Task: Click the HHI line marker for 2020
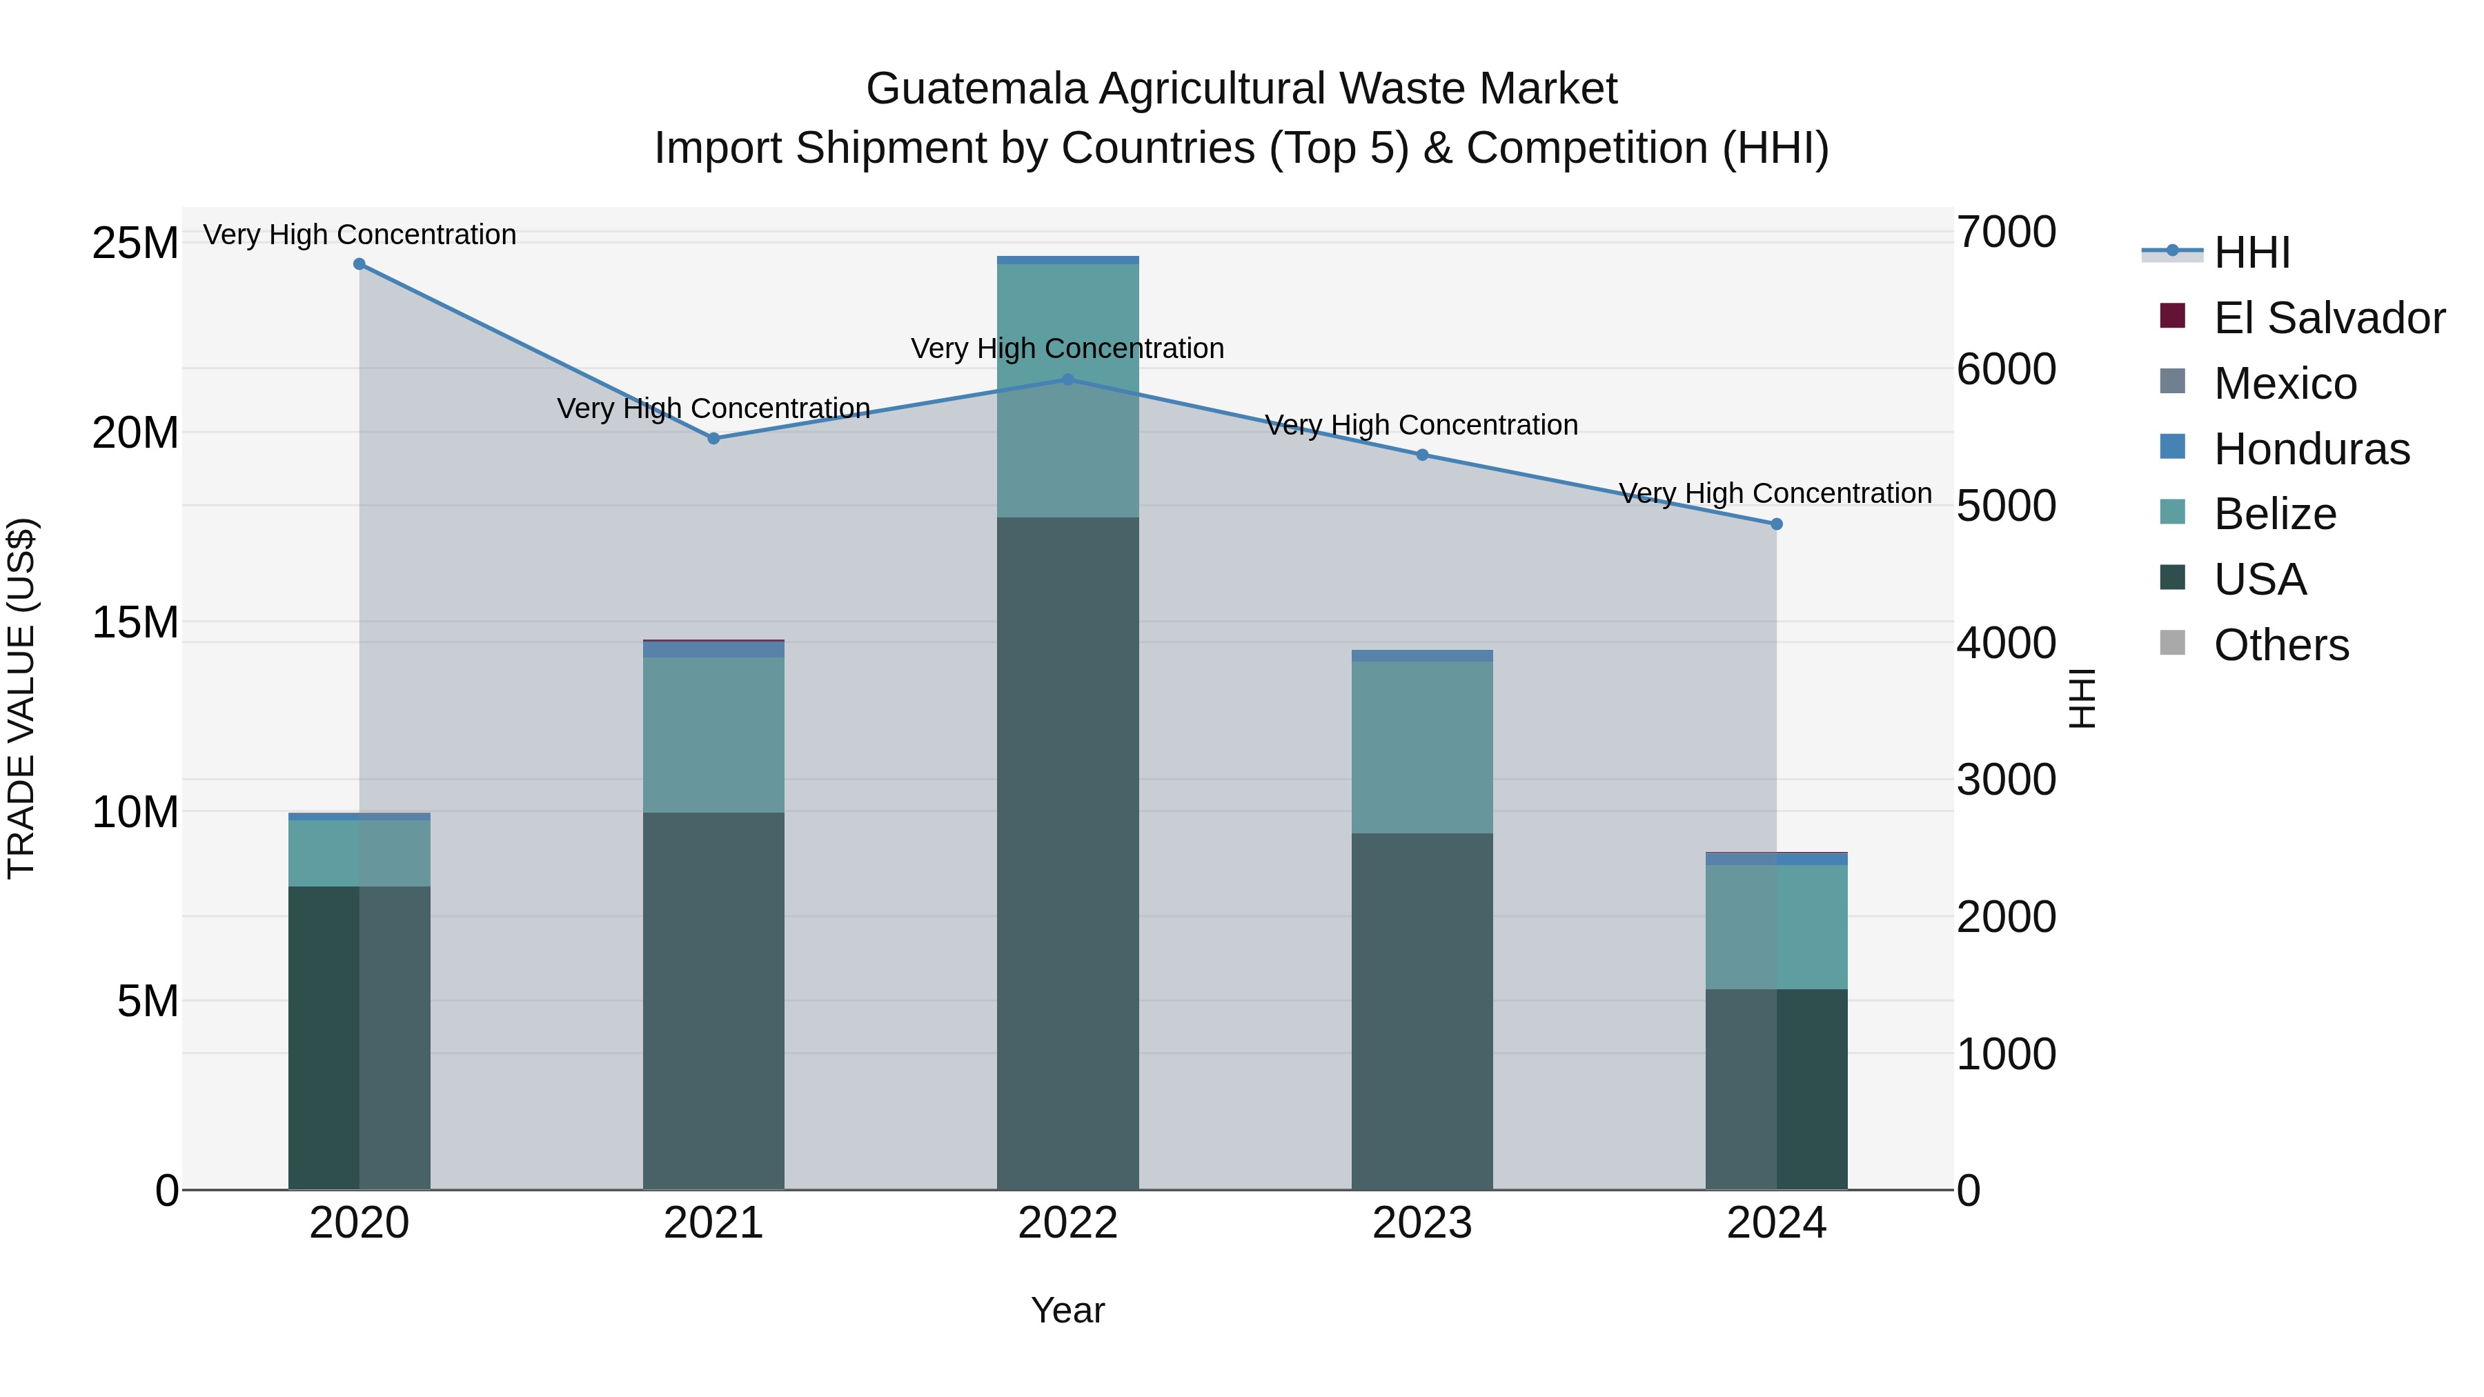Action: [359, 264]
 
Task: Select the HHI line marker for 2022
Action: [1067, 380]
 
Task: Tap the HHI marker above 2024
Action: [1776, 524]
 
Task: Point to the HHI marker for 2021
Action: [713, 439]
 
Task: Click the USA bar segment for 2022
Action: [1067, 853]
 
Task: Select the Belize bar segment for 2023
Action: [1421, 747]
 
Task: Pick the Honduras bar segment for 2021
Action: [713, 650]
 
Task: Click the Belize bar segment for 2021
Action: [713, 735]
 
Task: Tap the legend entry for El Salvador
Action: [2329, 318]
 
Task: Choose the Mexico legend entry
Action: [2285, 384]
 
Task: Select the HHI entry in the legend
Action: [2251, 252]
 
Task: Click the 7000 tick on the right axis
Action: [2006, 232]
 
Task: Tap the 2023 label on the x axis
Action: [1421, 1223]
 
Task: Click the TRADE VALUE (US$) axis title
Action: [21, 698]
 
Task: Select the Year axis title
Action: [1067, 1310]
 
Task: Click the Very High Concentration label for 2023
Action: [1421, 425]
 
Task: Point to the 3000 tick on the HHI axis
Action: [2006, 780]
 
